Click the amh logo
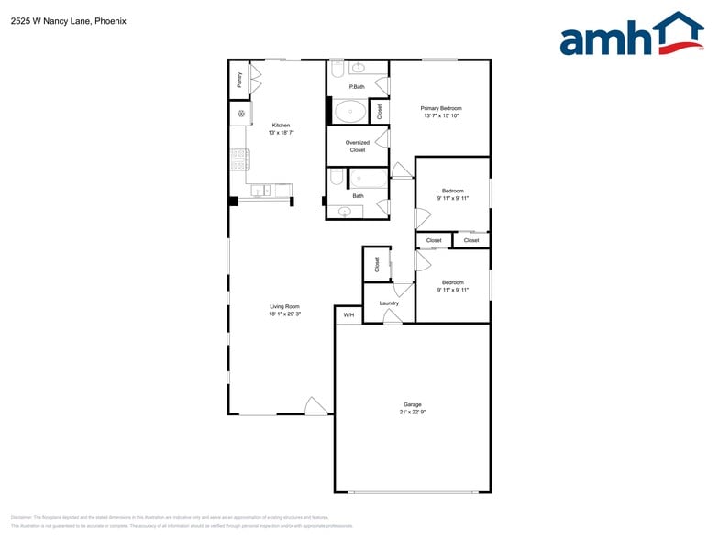(631, 36)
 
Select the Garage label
(413, 404)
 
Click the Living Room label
(284, 306)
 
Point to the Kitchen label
(281, 126)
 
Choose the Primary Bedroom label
(441, 108)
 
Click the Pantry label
(239, 80)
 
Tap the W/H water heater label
(348, 315)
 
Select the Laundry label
(389, 303)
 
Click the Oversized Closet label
(358, 146)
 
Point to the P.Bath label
(357, 87)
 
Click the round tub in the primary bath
(348, 112)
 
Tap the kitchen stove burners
(239, 159)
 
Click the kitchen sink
(260, 191)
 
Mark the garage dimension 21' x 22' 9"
(413, 412)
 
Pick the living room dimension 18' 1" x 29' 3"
(284, 314)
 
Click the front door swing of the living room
(316, 405)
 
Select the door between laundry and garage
(392, 317)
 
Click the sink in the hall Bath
(345, 212)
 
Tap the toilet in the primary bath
(337, 70)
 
